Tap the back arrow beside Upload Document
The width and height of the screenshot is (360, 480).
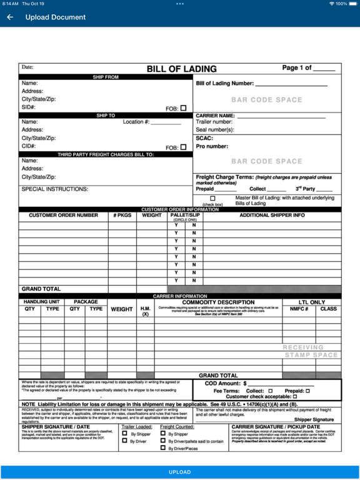point(10,17)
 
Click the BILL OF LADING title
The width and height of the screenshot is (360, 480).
point(181,69)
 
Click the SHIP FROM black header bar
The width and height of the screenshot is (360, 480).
point(106,77)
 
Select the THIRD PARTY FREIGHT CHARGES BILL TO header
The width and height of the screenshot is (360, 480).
point(106,154)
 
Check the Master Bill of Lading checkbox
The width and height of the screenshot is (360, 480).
point(212,199)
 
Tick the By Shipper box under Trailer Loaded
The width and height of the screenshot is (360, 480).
point(125,434)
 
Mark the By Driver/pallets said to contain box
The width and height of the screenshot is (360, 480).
point(163,441)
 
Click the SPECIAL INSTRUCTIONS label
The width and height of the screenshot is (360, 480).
point(55,189)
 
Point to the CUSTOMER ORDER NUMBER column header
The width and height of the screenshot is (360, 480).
point(63,216)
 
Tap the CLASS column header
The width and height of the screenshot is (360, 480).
point(328,309)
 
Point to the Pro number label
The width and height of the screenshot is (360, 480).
point(212,146)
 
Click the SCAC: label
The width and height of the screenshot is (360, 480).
point(205,138)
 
